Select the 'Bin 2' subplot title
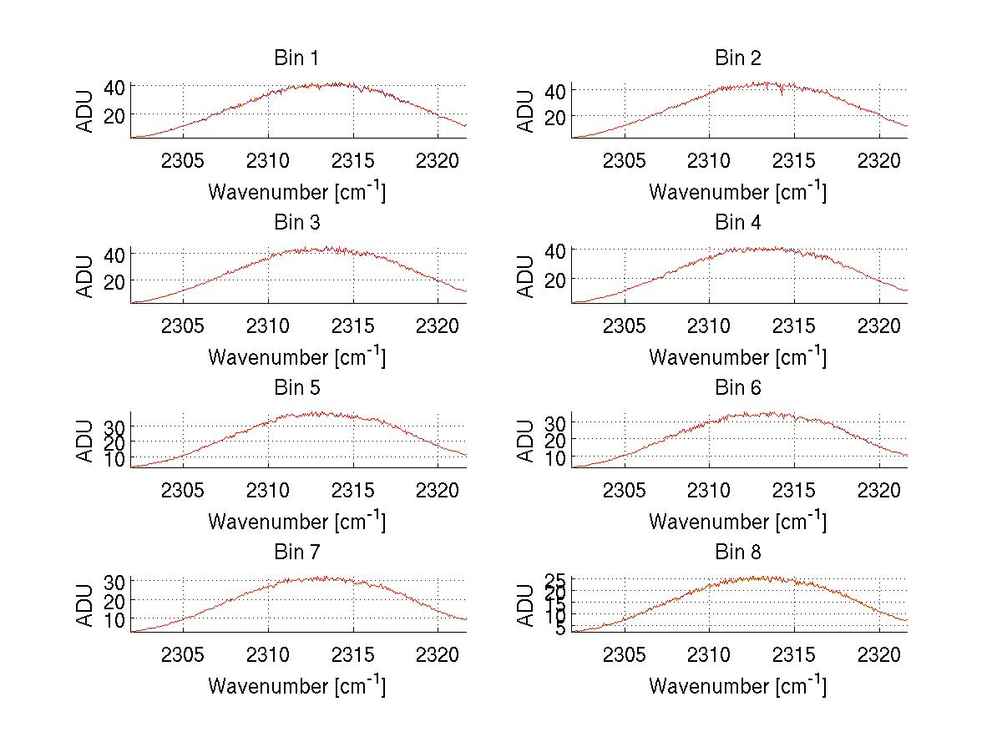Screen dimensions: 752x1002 (x=737, y=58)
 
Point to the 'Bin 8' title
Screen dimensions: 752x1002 (x=737, y=553)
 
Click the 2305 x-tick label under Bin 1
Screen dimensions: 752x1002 (x=183, y=160)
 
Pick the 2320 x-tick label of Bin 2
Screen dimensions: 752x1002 (x=879, y=160)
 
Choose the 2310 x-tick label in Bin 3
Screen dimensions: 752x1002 (x=268, y=325)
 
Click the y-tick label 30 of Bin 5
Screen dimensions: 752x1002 (x=114, y=426)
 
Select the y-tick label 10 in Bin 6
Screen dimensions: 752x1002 (x=555, y=458)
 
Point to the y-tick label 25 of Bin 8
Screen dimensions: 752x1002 (x=555, y=579)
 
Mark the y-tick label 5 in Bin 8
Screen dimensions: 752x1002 (x=561, y=628)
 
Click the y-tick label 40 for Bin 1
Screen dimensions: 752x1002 (x=114, y=87)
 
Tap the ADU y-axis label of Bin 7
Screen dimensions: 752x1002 (x=86, y=605)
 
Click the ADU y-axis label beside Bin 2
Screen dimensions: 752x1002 (x=526, y=111)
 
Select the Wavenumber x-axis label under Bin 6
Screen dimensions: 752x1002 (x=737, y=522)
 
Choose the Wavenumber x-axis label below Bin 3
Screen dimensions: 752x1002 (x=296, y=357)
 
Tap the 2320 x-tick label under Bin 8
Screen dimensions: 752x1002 (x=879, y=654)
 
